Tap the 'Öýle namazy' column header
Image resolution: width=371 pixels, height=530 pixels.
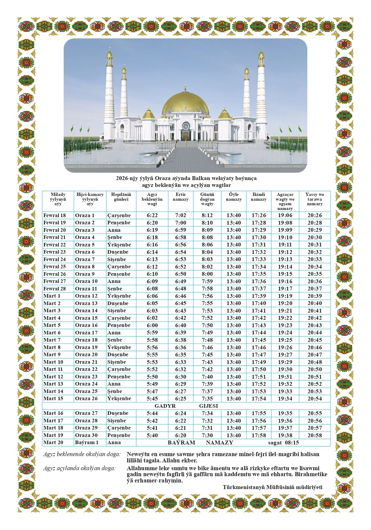[234, 197]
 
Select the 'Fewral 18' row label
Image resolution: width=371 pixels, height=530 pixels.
[54, 215]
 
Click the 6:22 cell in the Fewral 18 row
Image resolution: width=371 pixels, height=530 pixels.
[152, 215]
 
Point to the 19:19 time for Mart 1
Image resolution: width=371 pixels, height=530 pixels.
[285, 296]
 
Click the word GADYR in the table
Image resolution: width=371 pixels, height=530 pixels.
[165, 406]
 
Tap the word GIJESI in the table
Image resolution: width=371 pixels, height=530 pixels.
[209, 406]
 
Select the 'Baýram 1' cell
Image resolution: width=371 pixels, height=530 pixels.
[87, 442]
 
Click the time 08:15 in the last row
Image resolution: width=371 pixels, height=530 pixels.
[292, 443]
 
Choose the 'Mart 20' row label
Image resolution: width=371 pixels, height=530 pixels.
[53, 442]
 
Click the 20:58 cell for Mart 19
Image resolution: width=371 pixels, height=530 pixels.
[314, 435]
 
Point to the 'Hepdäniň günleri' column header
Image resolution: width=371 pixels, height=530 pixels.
[121, 197]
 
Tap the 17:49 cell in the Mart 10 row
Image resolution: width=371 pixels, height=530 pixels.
[259, 362]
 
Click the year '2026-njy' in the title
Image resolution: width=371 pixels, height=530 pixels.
[127, 179]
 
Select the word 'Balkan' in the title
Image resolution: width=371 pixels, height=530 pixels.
[201, 179]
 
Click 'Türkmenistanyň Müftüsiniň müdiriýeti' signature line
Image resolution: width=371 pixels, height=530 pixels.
[272, 487]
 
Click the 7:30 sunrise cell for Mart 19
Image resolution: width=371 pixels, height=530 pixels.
[207, 435]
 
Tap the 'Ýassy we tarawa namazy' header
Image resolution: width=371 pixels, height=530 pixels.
[314, 199]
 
